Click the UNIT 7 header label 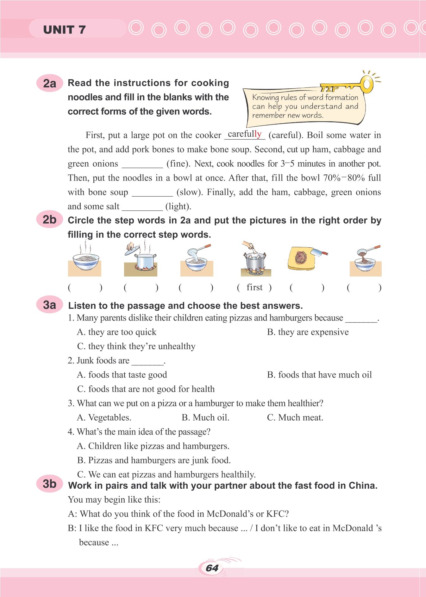(x=65, y=30)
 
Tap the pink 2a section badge (x=50, y=83)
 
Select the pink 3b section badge (x=50, y=484)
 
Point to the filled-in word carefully (x=245, y=134)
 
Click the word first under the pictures (x=254, y=287)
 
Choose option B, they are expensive (x=308, y=332)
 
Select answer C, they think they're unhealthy (x=136, y=346)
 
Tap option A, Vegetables (x=104, y=417)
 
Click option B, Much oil (x=205, y=417)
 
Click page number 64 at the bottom (x=212, y=568)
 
